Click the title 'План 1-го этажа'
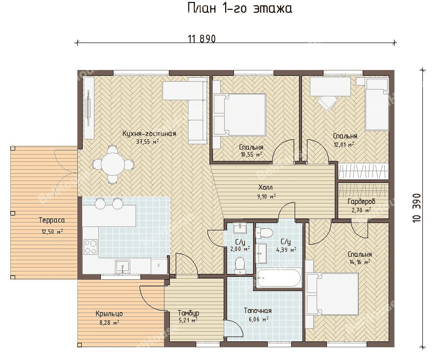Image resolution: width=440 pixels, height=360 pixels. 240,8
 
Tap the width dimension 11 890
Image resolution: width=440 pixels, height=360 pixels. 202,39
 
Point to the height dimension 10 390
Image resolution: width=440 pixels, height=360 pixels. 417,208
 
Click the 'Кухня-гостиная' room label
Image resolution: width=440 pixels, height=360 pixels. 149,134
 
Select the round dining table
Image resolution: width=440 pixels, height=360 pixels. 113,164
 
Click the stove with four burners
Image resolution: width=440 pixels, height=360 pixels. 91,247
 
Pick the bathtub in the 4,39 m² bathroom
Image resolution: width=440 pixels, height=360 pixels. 279,278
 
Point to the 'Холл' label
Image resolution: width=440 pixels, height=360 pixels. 265,187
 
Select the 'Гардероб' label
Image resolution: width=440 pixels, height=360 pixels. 361,202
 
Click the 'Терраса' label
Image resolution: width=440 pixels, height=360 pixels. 51,220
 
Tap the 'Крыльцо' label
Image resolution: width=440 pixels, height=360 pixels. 109,314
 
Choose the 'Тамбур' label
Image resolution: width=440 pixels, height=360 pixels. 188,313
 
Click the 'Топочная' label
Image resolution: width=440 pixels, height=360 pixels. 257,311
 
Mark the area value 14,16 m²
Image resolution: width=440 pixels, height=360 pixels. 360,262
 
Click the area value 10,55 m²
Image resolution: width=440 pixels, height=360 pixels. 252,154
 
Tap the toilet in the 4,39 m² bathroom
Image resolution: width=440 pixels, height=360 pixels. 264,233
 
